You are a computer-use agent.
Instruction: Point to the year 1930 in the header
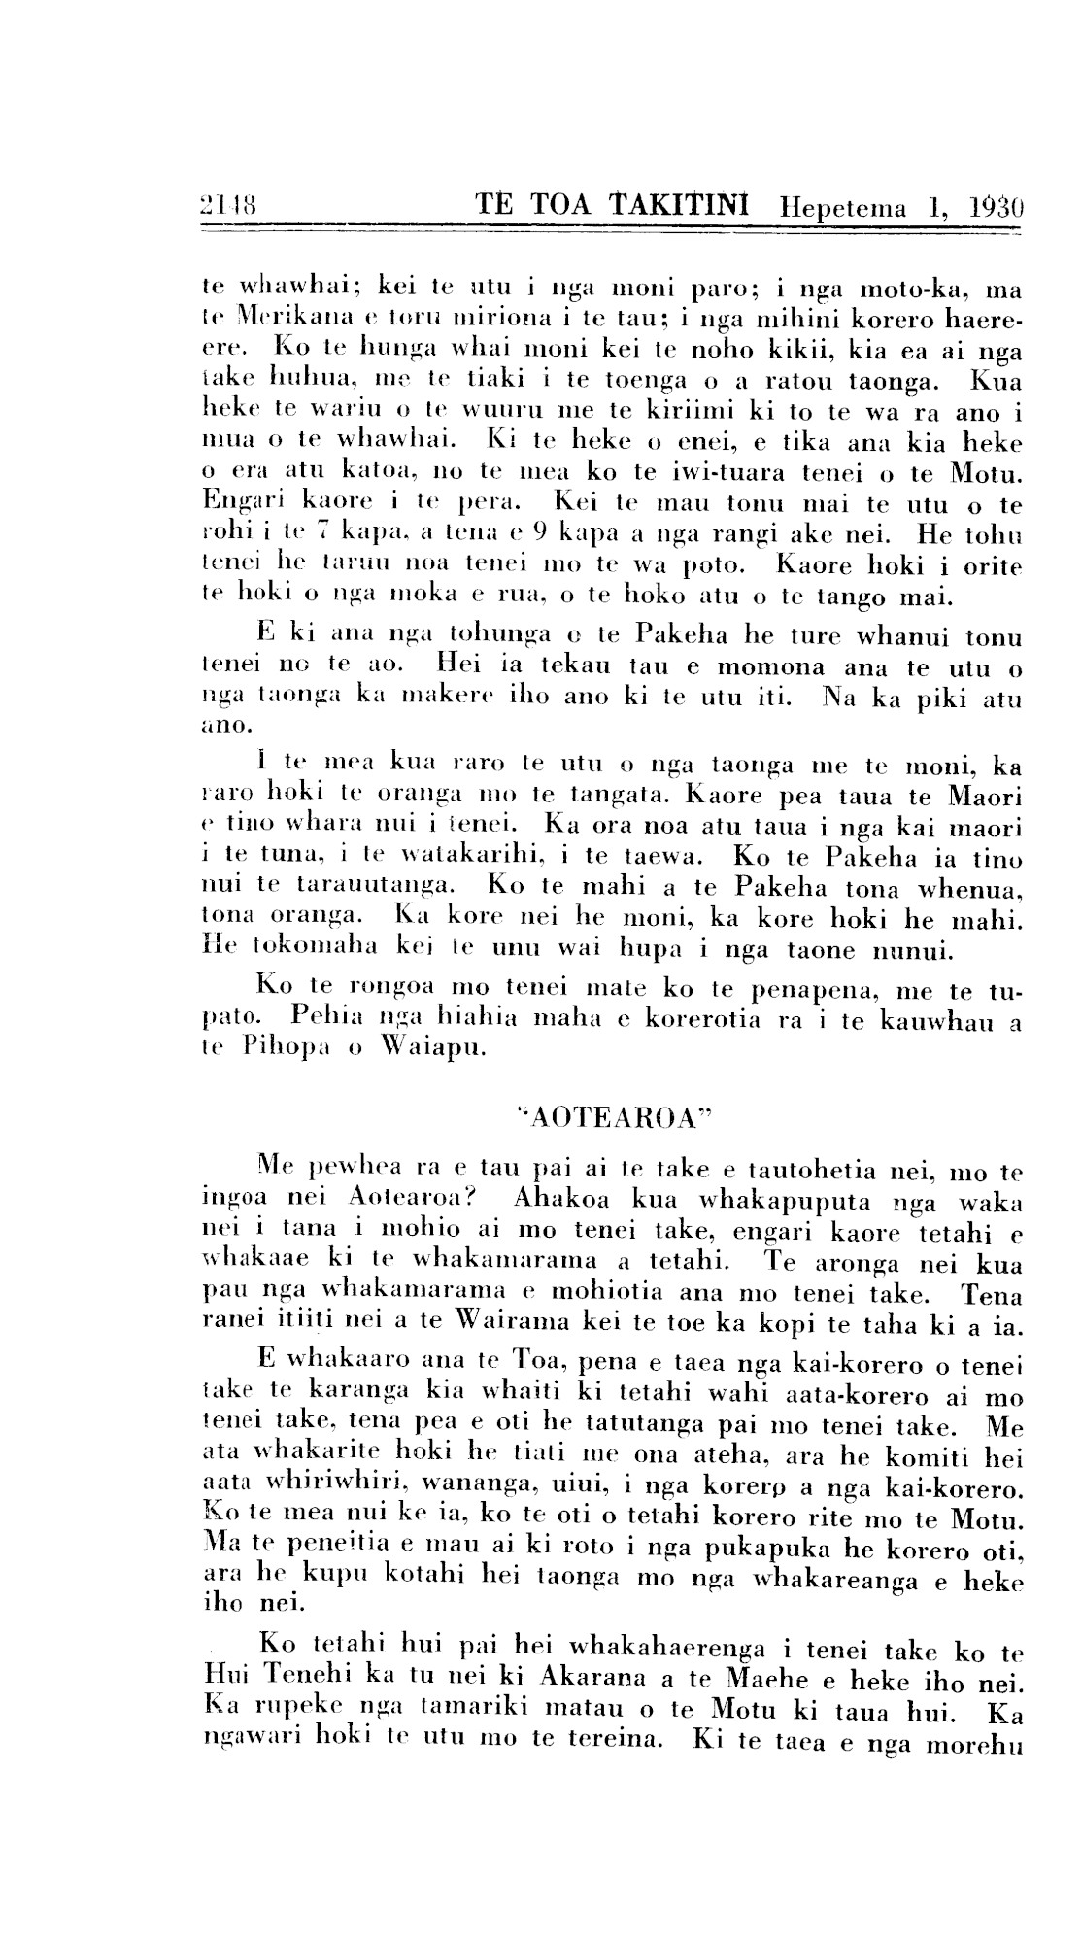pyautogui.click(x=997, y=208)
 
